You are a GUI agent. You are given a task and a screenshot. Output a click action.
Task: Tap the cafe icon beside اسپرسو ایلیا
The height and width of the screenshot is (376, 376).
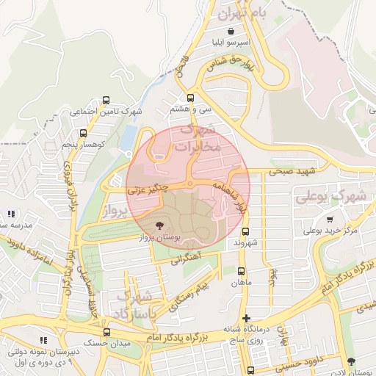(232, 31)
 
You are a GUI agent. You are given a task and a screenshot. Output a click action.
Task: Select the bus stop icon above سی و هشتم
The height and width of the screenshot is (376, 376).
(191, 97)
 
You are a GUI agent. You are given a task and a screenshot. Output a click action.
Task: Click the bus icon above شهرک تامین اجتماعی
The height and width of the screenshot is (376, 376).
(106, 100)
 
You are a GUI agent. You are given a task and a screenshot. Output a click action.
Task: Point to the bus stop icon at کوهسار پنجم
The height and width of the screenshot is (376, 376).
(83, 134)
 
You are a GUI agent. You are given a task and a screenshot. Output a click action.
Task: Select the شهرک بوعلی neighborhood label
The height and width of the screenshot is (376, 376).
(331, 198)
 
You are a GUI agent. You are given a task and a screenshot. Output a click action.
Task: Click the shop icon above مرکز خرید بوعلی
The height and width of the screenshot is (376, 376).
(330, 219)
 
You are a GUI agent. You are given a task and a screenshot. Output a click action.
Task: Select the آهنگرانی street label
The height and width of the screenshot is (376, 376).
(186, 259)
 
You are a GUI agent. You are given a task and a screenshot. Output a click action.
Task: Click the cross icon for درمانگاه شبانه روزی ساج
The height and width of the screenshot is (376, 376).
(246, 317)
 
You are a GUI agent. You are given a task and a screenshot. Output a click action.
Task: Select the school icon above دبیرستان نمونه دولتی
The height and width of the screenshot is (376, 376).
(43, 340)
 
